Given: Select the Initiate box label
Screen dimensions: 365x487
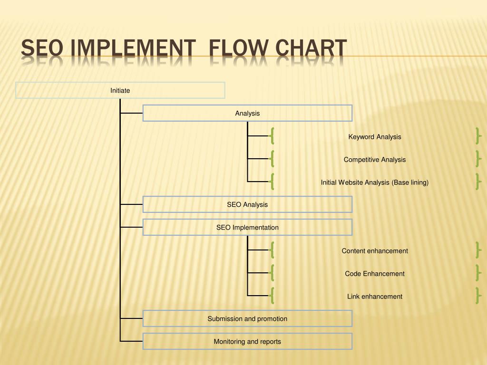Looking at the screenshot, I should point(120,90).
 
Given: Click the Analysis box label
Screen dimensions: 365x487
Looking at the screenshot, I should point(247,113).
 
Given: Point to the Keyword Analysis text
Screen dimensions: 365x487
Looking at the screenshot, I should point(375,137).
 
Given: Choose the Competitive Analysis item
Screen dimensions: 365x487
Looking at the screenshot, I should point(375,160).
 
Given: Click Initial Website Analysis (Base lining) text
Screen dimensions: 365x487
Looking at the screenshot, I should point(375,182).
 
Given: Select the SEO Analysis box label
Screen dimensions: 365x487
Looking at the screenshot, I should point(247,204).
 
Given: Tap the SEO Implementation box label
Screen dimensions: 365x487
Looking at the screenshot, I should point(247,227).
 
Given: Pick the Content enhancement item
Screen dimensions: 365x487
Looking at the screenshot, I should point(375,251).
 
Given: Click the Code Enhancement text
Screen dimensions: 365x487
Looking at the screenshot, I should point(375,274).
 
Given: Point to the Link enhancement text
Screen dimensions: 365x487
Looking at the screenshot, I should point(375,297).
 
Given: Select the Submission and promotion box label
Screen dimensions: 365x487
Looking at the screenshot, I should point(247,318).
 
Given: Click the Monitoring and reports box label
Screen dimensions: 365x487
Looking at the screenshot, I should point(247,341).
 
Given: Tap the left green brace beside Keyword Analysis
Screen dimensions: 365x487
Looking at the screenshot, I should point(272,136).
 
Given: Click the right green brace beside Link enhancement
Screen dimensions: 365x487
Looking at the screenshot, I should point(477,296).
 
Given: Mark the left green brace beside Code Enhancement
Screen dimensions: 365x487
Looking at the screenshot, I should point(272,273).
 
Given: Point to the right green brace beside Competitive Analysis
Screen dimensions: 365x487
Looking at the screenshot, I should point(477,159).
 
